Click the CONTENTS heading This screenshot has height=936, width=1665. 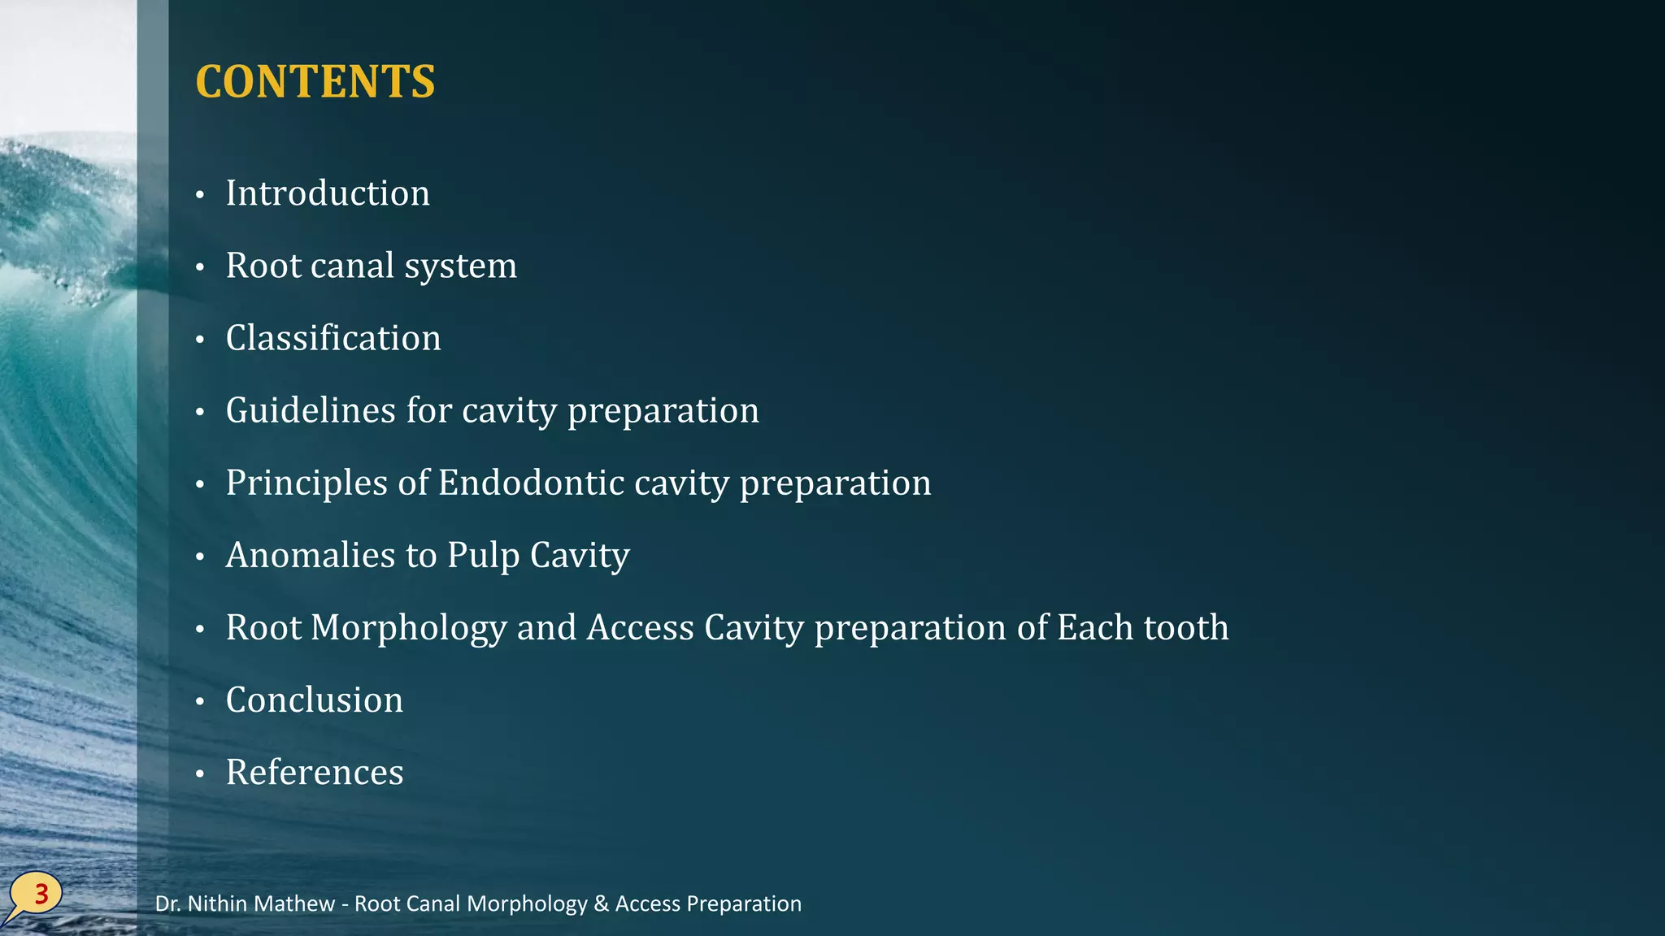(x=315, y=81)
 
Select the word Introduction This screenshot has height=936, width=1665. (x=328, y=193)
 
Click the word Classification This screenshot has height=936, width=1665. (x=333, y=338)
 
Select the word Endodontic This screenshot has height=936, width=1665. (x=531, y=483)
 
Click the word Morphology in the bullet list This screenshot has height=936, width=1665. (x=408, y=628)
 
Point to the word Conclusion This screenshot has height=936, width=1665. (x=314, y=700)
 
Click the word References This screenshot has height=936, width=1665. (x=315, y=772)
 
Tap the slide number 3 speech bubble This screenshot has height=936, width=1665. (x=37, y=895)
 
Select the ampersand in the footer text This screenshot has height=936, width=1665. (x=601, y=903)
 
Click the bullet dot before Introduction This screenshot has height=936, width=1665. (x=200, y=195)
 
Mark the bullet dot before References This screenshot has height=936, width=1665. (x=200, y=774)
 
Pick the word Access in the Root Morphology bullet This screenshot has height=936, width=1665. (x=641, y=628)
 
